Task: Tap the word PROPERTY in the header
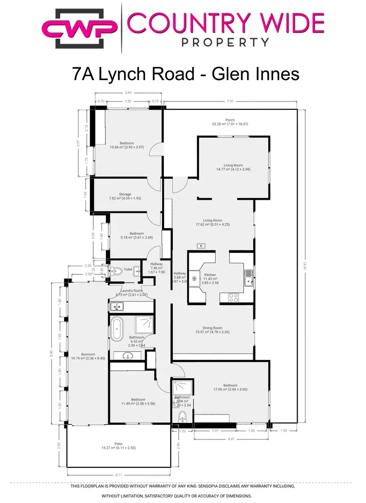tap(225, 42)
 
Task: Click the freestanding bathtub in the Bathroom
tap(117, 329)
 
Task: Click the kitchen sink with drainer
tap(249, 278)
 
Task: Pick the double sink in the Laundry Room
tap(117, 307)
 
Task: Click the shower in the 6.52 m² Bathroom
tap(144, 323)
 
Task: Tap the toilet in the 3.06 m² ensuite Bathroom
tap(182, 416)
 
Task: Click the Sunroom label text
tap(88, 354)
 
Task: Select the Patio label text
tap(118, 444)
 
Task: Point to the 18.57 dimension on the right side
tap(305, 266)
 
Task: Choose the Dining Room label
tap(212, 328)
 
